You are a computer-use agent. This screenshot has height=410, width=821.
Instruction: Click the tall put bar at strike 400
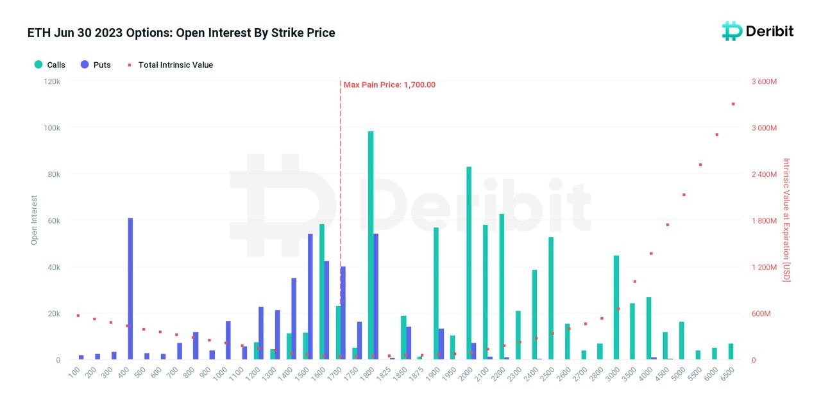click(x=130, y=288)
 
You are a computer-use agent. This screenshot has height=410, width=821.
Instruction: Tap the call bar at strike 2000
click(x=469, y=263)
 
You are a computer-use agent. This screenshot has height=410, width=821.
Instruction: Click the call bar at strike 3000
click(x=616, y=307)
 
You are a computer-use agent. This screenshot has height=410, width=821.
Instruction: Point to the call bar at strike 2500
click(x=551, y=298)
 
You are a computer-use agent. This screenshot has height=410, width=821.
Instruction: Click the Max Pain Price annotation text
click(x=389, y=85)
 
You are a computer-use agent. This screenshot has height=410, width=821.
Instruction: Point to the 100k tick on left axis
click(x=51, y=127)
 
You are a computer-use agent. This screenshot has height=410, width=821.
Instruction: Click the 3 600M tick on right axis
click(x=764, y=81)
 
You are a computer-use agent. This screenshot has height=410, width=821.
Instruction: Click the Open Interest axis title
click(x=35, y=220)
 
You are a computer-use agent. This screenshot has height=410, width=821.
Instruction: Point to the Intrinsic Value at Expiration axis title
click(x=786, y=220)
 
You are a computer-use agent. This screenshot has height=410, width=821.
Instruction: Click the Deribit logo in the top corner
click(x=758, y=31)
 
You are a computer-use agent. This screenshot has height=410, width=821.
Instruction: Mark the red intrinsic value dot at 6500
click(x=733, y=104)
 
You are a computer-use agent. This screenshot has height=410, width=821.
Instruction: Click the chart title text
click(x=181, y=33)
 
